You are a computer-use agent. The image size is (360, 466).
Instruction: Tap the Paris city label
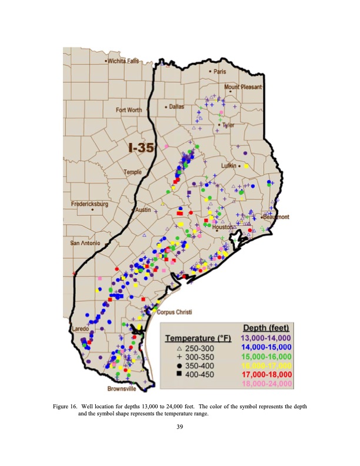(x=220, y=72)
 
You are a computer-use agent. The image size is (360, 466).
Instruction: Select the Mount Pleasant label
(x=243, y=87)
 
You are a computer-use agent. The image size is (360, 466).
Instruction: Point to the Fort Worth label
(x=129, y=110)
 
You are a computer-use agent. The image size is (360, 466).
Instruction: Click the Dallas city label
(x=176, y=107)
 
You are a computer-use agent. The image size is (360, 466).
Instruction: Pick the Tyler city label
(x=228, y=125)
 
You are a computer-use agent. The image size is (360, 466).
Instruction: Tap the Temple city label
(x=132, y=172)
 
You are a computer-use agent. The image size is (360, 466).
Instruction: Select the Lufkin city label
(x=228, y=166)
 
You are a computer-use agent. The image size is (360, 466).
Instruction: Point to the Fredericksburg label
(x=90, y=204)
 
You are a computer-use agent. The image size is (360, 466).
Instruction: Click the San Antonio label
(x=86, y=243)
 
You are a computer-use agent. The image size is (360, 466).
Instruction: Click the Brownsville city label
(x=122, y=389)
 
